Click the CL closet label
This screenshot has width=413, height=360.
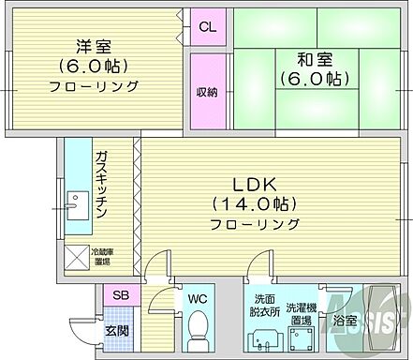tap(207, 27)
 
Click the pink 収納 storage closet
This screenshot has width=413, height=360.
tap(207, 92)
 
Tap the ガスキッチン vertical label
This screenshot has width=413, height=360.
tap(102, 183)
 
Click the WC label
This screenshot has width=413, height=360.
tap(197, 299)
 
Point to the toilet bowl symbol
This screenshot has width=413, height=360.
tap(196, 328)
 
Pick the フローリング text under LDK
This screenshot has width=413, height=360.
tap(255, 225)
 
